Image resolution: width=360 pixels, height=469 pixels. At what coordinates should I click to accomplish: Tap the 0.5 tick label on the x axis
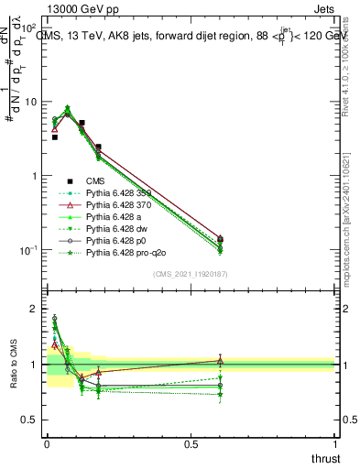[191, 442]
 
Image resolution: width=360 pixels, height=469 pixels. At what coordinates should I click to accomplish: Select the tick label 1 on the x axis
[335, 442]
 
